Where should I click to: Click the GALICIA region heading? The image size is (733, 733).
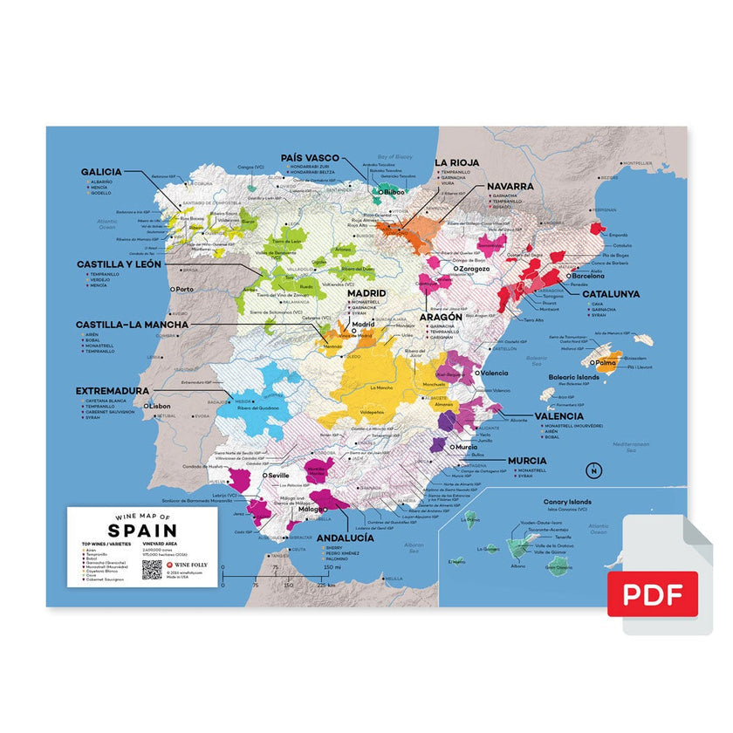(x=101, y=172)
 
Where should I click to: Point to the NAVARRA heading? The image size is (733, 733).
(x=510, y=186)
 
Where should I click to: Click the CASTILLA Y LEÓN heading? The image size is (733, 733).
(x=119, y=264)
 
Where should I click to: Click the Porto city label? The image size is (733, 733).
(x=184, y=289)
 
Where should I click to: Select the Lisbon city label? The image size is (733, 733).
(x=159, y=407)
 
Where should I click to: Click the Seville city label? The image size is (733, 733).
(x=277, y=475)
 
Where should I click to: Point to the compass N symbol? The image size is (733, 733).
(x=593, y=472)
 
